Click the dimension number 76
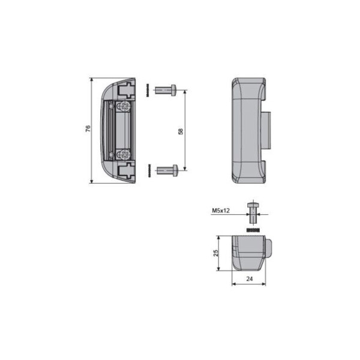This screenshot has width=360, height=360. coord(88,129)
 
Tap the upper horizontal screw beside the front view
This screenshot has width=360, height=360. coord(164,91)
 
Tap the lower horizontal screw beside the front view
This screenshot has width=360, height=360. coord(167,170)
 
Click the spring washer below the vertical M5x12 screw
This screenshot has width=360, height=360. coord(253,229)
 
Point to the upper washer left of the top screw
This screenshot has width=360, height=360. coord(146,91)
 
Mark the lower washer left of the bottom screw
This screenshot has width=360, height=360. coord(146,170)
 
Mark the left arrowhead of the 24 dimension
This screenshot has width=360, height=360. coord(233,284)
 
